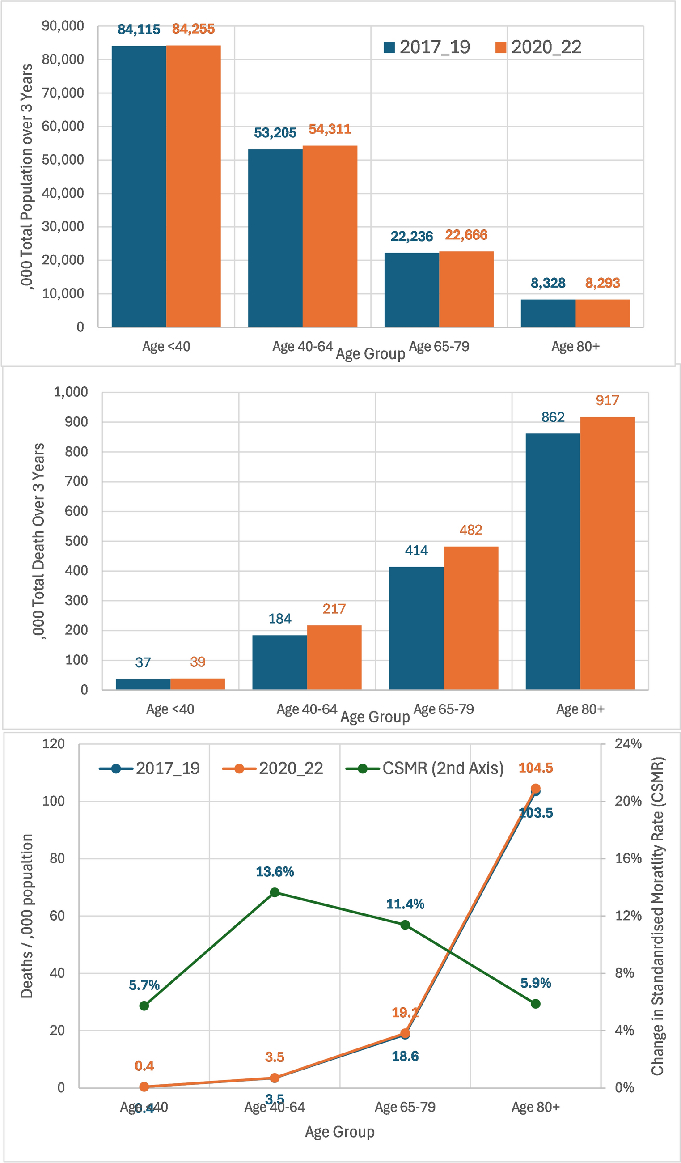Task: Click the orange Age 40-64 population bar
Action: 330,236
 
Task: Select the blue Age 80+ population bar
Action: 548,313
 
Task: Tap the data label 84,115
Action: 139,30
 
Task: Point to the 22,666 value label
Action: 466,235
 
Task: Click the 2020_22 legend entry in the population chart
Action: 538,47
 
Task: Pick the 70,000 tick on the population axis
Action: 63,93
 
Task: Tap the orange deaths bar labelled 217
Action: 334,657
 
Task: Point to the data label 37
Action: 143,663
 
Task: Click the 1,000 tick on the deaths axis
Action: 71,392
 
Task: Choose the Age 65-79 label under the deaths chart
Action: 444,709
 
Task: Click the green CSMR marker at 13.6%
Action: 275,892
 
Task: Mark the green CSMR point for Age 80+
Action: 535,1004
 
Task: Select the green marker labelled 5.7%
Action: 144,1006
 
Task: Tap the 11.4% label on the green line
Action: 405,904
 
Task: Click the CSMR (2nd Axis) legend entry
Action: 425,768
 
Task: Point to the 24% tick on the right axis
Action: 628,744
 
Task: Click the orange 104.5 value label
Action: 535,768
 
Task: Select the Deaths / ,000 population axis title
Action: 27,916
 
